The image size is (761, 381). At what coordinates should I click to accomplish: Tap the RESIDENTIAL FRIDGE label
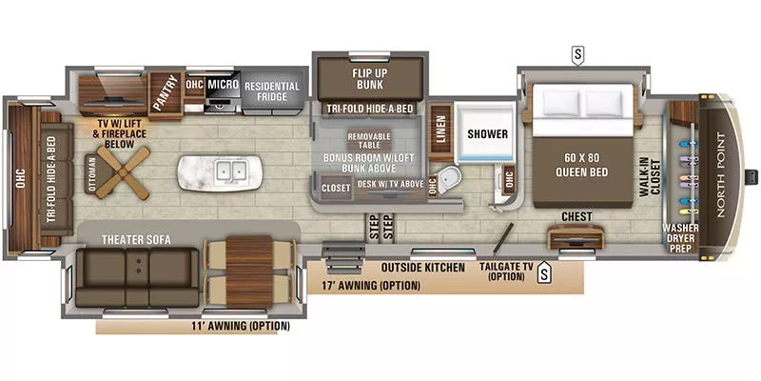coord(272,91)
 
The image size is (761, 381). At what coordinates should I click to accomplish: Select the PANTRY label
coord(167,94)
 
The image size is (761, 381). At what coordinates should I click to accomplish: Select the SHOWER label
coord(487,133)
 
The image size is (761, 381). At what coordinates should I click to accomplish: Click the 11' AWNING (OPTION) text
coord(239,326)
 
